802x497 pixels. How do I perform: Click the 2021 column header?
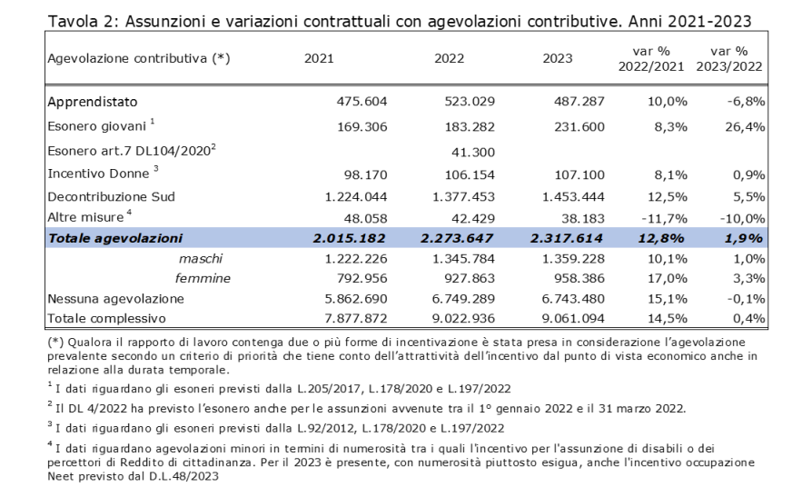(319, 58)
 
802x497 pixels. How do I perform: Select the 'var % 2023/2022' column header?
(728, 59)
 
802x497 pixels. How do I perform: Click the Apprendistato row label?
(93, 102)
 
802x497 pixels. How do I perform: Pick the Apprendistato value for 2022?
(470, 102)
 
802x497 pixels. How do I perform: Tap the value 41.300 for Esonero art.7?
(473, 152)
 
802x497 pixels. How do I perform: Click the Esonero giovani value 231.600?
(579, 126)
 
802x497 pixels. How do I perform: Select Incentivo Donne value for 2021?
(365, 175)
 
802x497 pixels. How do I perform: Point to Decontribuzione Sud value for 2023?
(573, 196)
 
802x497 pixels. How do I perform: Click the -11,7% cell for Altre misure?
(664, 219)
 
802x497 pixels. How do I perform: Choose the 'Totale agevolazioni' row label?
(115, 239)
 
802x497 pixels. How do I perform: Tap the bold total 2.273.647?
(457, 239)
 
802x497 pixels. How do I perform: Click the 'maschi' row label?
(201, 259)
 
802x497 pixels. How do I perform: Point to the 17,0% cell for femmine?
(667, 278)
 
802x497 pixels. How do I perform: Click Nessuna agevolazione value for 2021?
(356, 299)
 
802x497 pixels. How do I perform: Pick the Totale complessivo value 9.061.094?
(573, 318)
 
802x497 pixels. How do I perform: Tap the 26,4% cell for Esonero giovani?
(745, 126)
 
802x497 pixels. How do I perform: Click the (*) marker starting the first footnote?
(55, 342)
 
